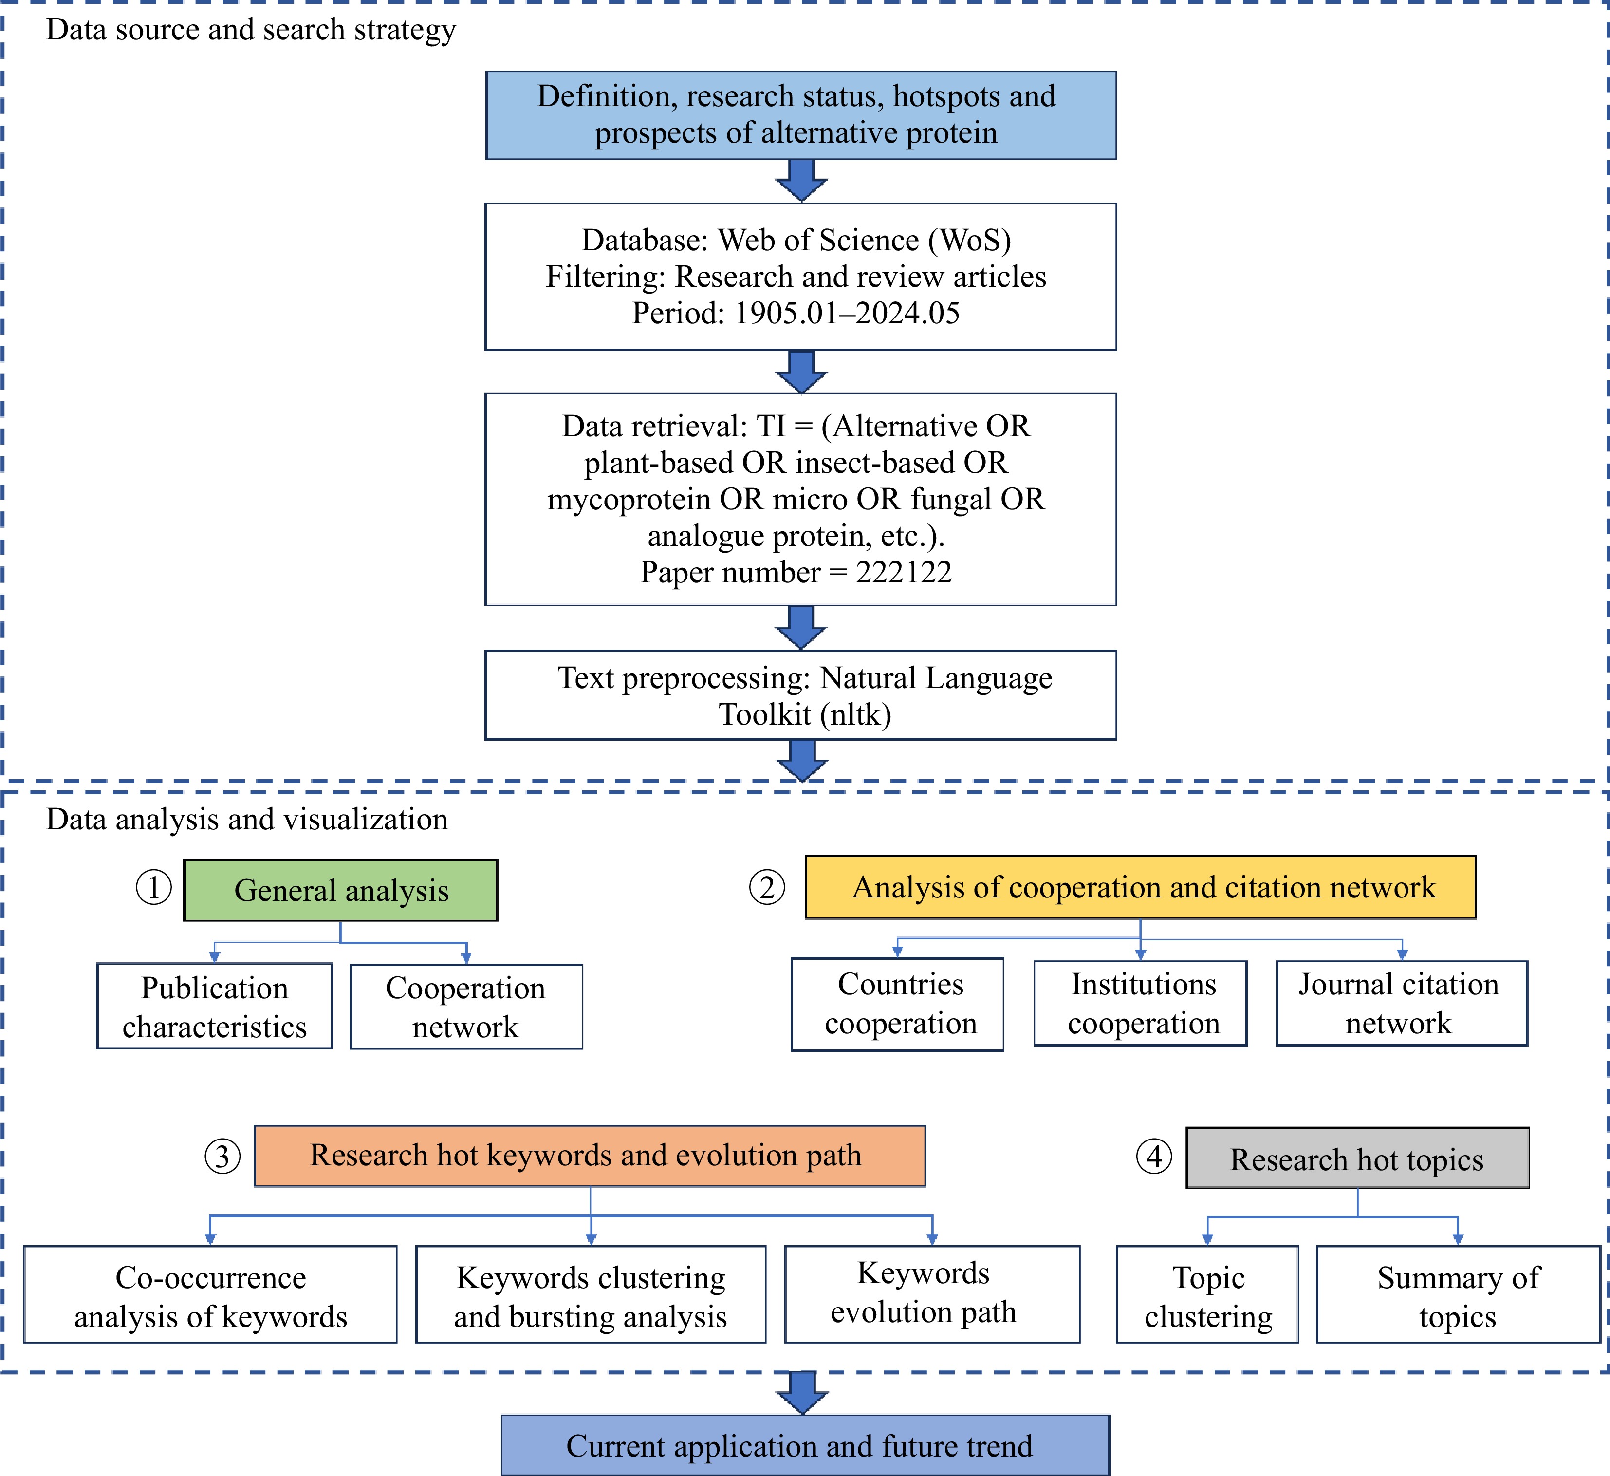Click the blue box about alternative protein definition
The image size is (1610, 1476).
coord(801,115)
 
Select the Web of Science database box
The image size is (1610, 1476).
coord(801,276)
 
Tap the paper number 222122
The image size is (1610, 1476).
coord(904,572)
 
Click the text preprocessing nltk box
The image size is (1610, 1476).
coord(801,695)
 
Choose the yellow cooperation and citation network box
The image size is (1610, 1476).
coord(1140,887)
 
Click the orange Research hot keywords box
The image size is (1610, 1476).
coord(590,1156)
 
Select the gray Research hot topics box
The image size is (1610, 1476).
coord(1358,1158)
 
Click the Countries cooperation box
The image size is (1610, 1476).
coord(898,1004)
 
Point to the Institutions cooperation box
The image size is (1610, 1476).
coord(1140,1003)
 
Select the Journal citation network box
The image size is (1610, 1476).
coord(1403,1003)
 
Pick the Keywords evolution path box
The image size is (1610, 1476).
coord(933,1295)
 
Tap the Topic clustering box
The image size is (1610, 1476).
coord(1207,1295)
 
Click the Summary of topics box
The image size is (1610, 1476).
coord(1458,1295)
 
